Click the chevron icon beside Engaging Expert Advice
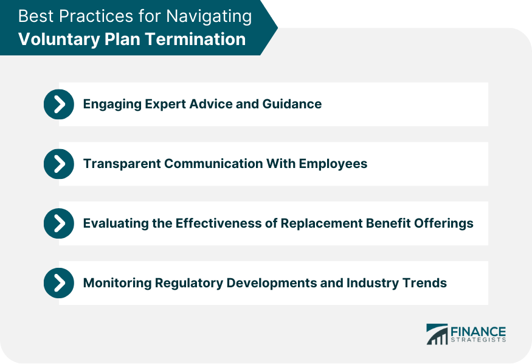(59, 104)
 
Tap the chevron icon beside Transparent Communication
(59, 164)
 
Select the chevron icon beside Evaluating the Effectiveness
(59, 223)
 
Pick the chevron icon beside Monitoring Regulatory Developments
(59, 283)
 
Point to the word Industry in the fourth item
(370, 283)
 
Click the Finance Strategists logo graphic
(436, 334)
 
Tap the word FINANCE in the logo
(478, 331)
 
